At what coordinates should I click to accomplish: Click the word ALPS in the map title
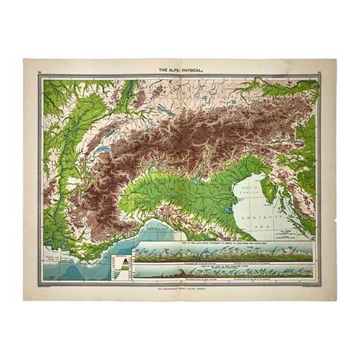pyautogui.click(x=172, y=71)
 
